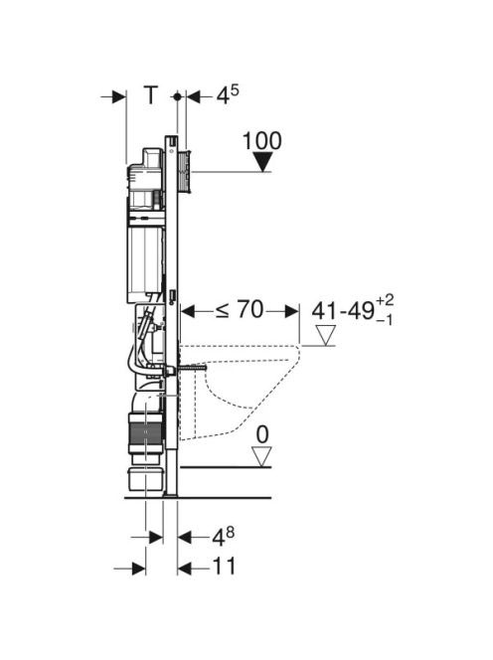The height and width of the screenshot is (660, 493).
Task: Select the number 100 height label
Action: click(x=261, y=140)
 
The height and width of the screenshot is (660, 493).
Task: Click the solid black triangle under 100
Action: click(x=263, y=162)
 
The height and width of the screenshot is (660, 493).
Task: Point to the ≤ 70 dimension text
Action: click(x=240, y=310)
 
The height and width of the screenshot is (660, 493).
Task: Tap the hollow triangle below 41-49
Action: click(x=326, y=336)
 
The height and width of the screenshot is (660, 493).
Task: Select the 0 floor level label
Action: click(x=262, y=434)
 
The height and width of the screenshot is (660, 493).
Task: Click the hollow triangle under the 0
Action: click(x=261, y=457)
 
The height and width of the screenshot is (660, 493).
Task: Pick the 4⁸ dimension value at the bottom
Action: click(x=223, y=537)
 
